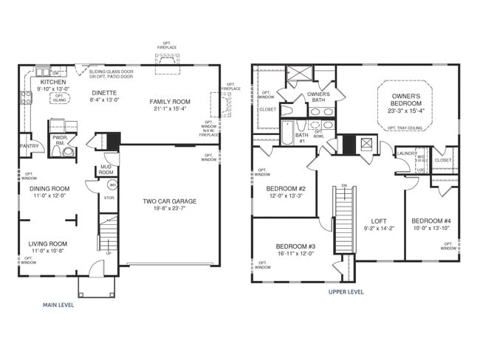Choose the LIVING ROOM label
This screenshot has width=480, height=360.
[x=48, y=243]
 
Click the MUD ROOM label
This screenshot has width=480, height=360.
[x=106, y=170]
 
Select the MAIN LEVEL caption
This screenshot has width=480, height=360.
[x=62, y=304]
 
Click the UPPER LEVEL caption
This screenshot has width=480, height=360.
[x=346, y=291]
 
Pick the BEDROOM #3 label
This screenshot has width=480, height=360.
[x=295, y=246]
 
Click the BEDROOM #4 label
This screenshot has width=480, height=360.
[x=431, y=221]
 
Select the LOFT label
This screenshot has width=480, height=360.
[x=379, y=221]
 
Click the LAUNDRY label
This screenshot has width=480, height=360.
[x=407, y=153]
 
